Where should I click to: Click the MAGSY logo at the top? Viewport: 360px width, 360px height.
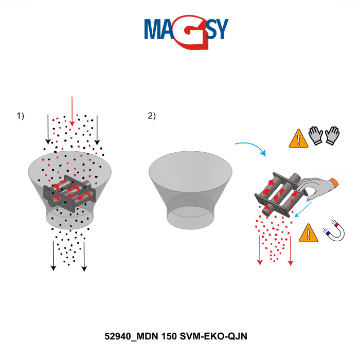186,32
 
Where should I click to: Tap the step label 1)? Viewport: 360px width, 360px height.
20,116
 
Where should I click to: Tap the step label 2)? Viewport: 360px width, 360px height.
152,116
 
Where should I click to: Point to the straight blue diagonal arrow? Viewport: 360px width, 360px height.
303,209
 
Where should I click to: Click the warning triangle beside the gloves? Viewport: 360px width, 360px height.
298,138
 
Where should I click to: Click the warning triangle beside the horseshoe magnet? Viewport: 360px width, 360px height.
309,233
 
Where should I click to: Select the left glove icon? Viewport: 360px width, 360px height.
316,135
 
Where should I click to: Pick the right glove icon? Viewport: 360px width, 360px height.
332,135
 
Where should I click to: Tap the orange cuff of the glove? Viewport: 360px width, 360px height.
334,183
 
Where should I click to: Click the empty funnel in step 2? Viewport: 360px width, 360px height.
190,190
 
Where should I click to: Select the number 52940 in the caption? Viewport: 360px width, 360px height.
118,336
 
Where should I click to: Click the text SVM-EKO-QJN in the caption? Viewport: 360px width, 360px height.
213,336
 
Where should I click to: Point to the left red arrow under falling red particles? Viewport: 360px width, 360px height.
260,250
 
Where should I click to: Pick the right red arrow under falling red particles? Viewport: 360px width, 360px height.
291,251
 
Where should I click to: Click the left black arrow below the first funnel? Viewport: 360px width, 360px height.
53,256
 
